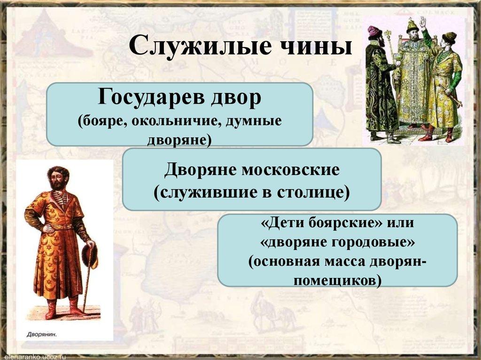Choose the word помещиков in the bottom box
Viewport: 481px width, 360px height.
coord(337,280)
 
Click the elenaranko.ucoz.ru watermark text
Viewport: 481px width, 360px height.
coord(33,356)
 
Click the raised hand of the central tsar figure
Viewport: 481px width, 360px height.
coord(422,21)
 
